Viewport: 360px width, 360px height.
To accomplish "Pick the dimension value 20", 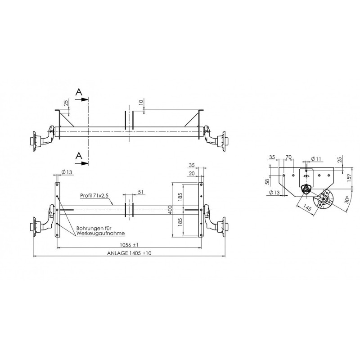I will [192, 174].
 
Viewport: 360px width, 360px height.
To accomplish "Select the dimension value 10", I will [142, 103].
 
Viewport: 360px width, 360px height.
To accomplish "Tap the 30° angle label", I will [346, 199].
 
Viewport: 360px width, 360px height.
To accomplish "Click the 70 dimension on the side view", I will [288, 157].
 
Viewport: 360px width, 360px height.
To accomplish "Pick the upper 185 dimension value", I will [180, 196].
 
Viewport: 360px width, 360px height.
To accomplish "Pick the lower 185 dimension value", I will [180, 222].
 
